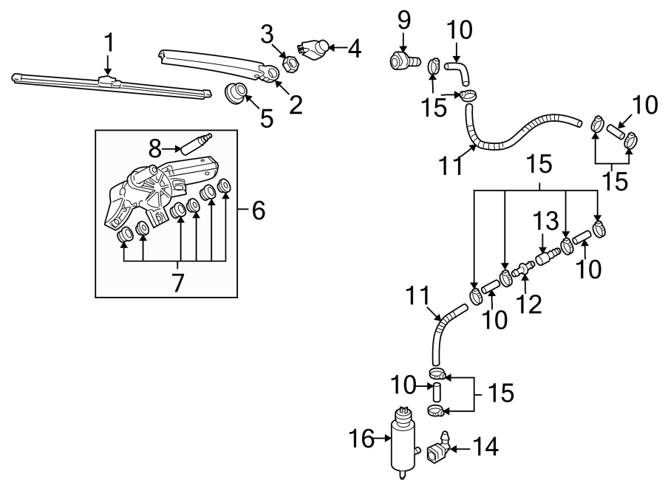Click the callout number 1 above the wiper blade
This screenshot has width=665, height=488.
tap(109, 44)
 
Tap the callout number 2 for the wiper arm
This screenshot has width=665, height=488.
tap(296, 106)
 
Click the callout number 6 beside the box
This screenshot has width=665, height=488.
tap(258, 212)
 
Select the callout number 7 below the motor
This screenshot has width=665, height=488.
tap(178, 282)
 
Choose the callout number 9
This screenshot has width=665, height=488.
tap(403, 20)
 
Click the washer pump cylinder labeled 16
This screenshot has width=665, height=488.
tap(403, 441)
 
